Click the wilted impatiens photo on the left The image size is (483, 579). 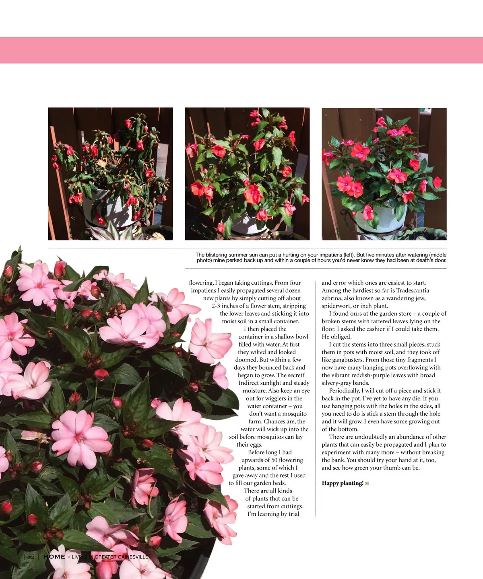click(x=110, y=174)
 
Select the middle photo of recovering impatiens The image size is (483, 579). click(x=247, y=174)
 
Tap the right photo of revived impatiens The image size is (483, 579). click(x=384, y=174)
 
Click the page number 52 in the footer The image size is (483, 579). click(x=31, y=557)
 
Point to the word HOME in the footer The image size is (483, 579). click(x=54, y=557)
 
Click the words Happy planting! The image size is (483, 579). click(x=343, y=483)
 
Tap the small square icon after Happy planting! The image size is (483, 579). click(x=367, y=484)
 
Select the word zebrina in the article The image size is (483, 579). click(x=333, y=298)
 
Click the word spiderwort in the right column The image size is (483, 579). click(x=336, y=306)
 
